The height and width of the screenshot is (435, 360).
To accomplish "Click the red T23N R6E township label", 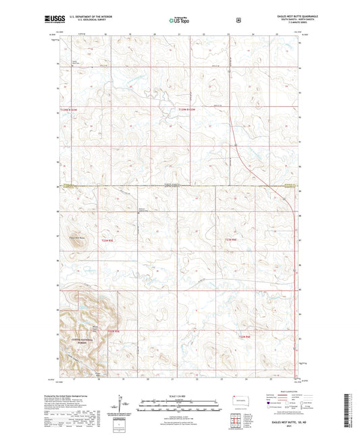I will pos(231,240).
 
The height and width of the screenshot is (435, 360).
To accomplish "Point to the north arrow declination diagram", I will pos(126,404).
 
